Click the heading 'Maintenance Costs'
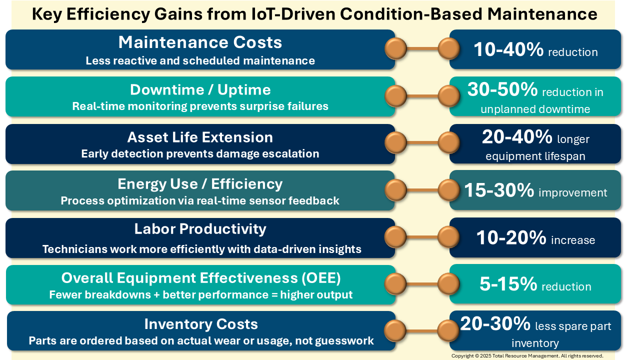(200, 42)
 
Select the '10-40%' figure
(508, 49)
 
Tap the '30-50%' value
(502, 89)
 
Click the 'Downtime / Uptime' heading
(200, 89)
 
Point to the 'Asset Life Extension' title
(200, 137)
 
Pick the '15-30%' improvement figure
(499, 190)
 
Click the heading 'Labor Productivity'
(200, 229)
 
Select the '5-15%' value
(508, 284)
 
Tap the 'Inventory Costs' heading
(201, 324)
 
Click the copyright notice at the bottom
(527, 356)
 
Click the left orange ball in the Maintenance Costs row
(395, 48)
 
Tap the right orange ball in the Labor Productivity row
(448, 237)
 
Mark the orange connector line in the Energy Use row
(422, 189)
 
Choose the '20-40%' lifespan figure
(517, 136)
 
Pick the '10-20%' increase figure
(511, 237)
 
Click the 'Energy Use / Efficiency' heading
(200, 184)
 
